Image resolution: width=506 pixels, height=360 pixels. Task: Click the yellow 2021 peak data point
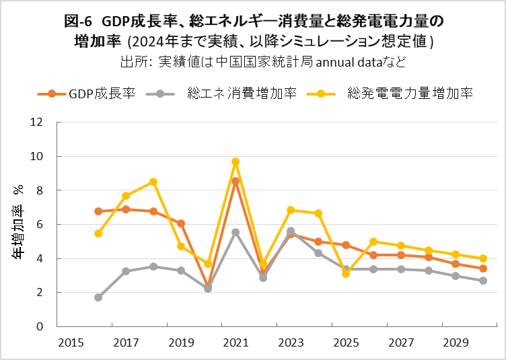pos(236,161)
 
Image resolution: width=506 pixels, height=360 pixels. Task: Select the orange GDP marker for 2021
pos(236,181)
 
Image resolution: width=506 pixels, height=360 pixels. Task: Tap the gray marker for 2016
pos(98,297)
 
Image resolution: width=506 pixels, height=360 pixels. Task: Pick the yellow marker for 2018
pos(153,182)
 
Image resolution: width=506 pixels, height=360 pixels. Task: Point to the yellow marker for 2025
pos(346,274)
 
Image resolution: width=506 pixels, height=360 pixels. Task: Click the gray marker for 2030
pos(483,281)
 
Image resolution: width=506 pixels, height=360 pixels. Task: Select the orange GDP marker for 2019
pos(181,223)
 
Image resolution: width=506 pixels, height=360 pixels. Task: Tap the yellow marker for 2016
pos(98,233)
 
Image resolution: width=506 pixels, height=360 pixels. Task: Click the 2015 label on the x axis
pos(71,343)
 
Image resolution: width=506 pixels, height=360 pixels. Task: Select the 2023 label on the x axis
pos(291,343)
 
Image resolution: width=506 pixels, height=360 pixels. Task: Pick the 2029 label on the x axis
pos(456,343)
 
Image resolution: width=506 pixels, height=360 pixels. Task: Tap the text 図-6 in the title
pos(79,22)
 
